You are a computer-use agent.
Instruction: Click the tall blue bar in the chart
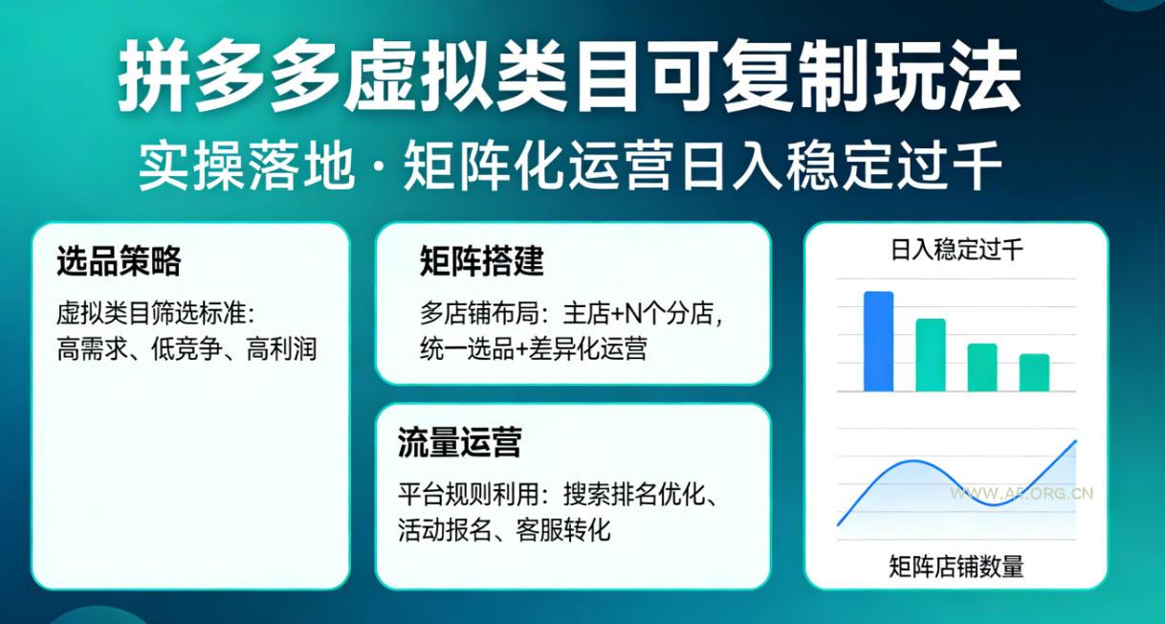pyautogui.click(x=878, y=342)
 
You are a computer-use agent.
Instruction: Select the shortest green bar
pyautogui.click(x=1034, y=372)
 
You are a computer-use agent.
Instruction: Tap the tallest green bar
pyautogui.click(x=931, y=355)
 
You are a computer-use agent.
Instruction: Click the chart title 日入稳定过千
pyautogui.click(x=956, y=252)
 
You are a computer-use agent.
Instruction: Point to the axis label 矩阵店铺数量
pyautogui.click(x=956, y=566)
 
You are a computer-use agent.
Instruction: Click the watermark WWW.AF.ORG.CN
pyautogui.click(x=1021, y=494)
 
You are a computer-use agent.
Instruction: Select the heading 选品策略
pyautogui.click(x=119, y=261)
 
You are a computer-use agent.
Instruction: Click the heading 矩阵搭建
pyautogui.click(x=481, y=261)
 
